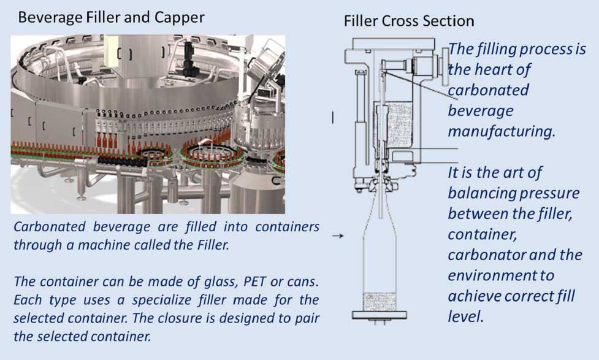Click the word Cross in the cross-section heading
pos(404,21)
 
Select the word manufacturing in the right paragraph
pos(502,131)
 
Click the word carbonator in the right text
pos(486,255)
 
